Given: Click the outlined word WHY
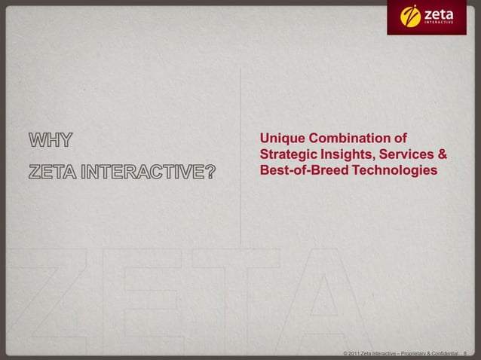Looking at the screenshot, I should click(x=52, y=140).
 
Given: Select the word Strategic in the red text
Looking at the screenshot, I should click(x=289, y=156).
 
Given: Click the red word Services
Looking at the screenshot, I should click(x=407, y=156).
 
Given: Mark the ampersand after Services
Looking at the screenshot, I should click(x=443, y=156).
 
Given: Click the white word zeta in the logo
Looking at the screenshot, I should click(x=442, y=13).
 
